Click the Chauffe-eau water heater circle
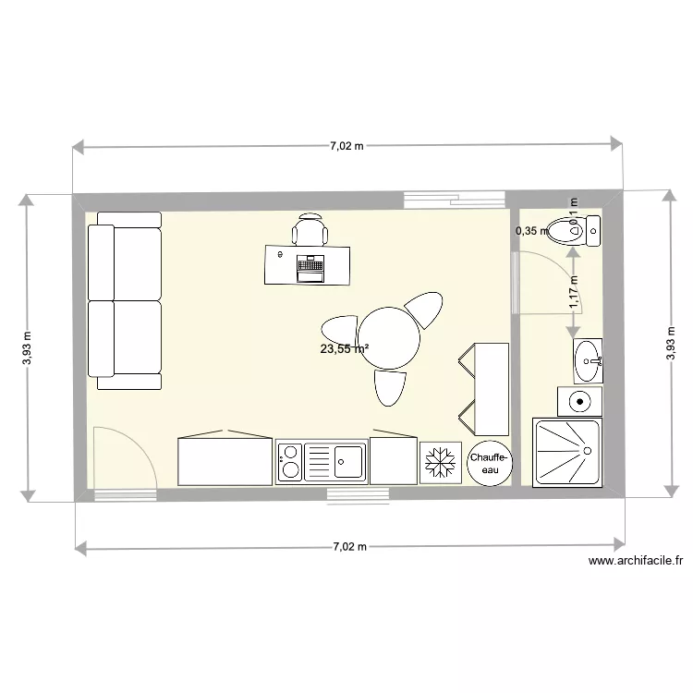(x=488, y=463)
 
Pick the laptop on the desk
(x=310, y=268)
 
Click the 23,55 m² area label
(x=345, y=349)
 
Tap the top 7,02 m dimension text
(x=347, y=146)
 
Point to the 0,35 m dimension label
(x=531, y=231)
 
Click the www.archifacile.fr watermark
(x=635, y=560)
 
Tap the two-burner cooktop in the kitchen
(x=289, y=461)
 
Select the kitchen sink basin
(x=349, y=461)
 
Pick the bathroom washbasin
(x=587, y=360)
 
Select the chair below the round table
(x=390, y=386)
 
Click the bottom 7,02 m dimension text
(x=349, y=547)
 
